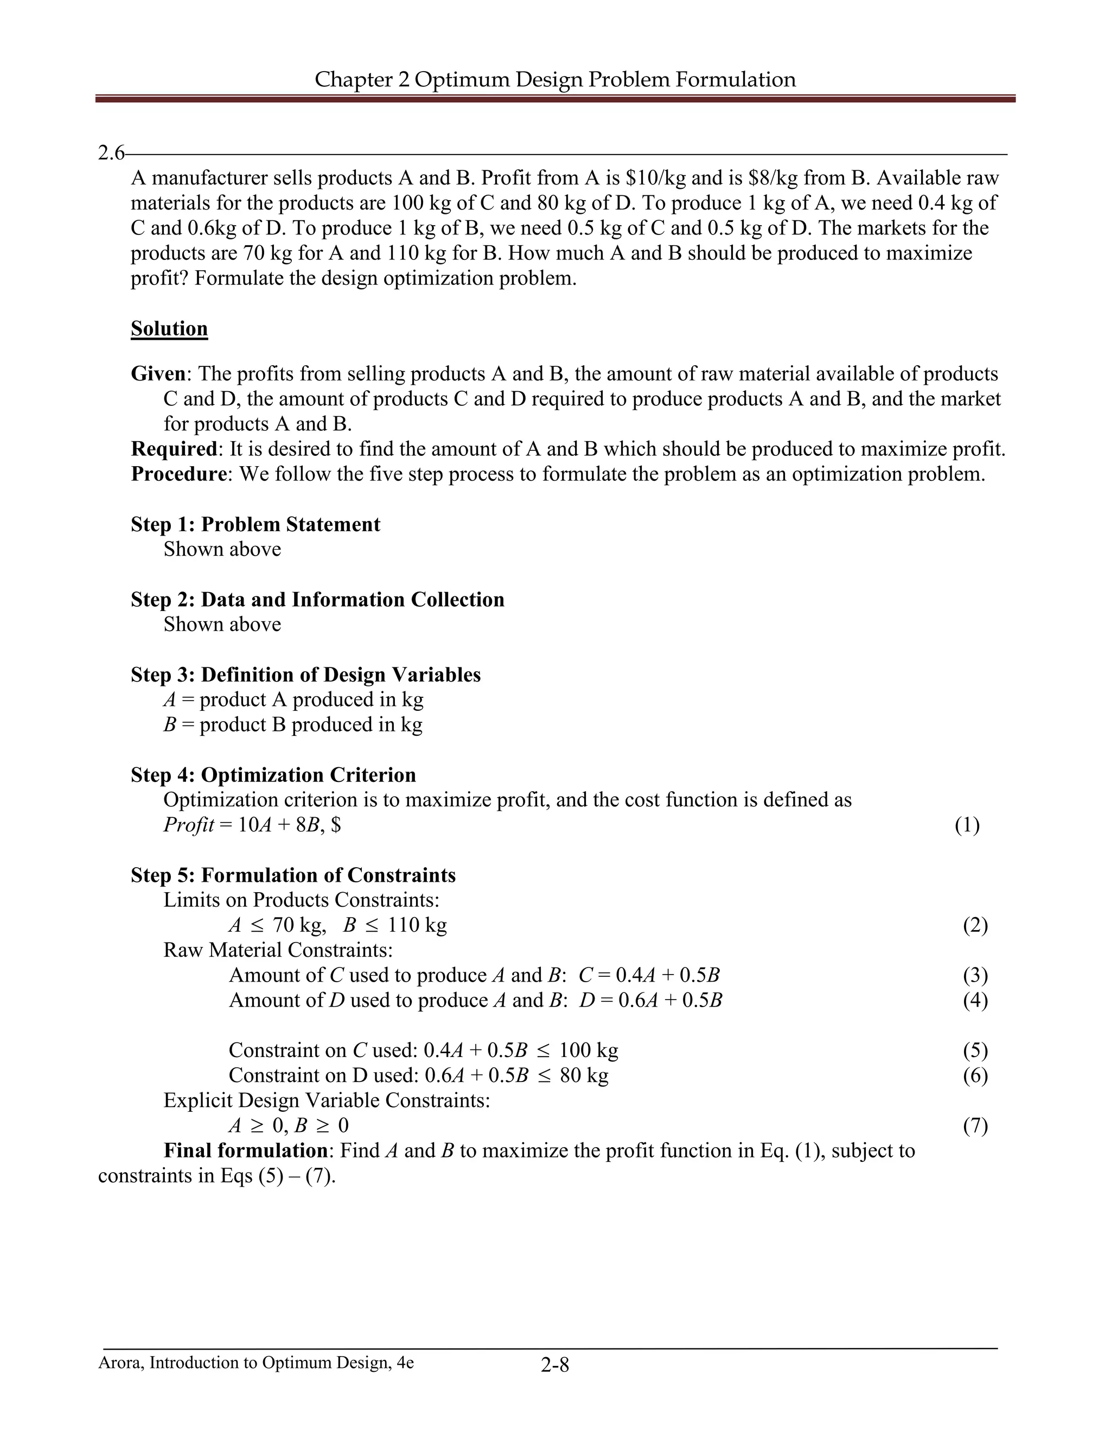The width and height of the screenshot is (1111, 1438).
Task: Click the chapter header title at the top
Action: coord(555,80)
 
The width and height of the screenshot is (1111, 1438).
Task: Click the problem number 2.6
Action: coord(110,154)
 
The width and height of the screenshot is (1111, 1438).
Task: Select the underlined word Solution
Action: coord(169,328)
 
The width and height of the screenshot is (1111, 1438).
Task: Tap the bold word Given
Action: coord(158,374)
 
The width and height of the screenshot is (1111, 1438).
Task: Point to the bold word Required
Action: coord(174,449)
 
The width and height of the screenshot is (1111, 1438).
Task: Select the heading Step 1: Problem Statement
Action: coord(256,524)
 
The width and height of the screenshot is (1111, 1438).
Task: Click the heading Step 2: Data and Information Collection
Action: coord(317,599)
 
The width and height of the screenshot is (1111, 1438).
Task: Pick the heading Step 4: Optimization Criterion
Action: coord(273,775)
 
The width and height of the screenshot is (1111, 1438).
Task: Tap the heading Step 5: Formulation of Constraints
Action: coord(293,875)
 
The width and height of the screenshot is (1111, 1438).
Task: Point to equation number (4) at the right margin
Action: coord(975,1000)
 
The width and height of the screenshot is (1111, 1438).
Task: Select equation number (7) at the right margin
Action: coord(975,1126)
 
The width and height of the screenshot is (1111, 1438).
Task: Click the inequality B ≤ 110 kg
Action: coord(395,925)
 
